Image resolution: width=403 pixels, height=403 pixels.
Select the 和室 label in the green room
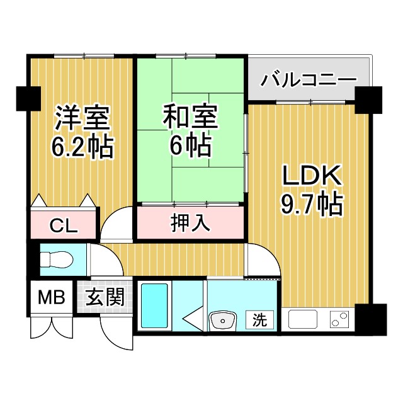tap(191, 117)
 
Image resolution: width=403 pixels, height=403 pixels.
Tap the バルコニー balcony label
tap(309, 80)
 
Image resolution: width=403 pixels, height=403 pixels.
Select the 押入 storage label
tap(190, 223)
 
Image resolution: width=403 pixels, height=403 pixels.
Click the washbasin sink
tap(222, 320)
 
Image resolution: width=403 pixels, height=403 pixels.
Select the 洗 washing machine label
tap(259, 320)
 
